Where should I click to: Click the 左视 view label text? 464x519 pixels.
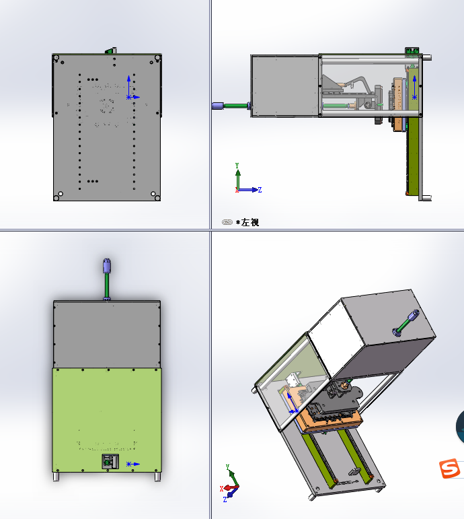[x=250, y=222]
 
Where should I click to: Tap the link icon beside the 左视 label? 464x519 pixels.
[x=227, y=222]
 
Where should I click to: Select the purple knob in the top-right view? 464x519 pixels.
[x=217, y=106]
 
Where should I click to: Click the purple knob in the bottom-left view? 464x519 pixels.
[x=107, y=266]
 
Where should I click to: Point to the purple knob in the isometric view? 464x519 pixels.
[x=414, y=316]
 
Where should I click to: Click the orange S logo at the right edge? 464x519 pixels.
[x=450, y=468]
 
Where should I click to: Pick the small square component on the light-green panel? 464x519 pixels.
[x=110, y=461]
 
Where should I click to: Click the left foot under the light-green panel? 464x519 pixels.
[x=56, y=477]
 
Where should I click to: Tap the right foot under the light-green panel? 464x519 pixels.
[x=158, y=477]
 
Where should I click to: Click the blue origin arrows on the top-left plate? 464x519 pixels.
[x=131, y=88]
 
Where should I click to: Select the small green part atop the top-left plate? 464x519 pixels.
[x=111, y=50]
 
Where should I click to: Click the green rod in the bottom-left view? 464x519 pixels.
[x=107, y=285]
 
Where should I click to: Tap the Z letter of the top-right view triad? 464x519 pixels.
[x=260, y=190]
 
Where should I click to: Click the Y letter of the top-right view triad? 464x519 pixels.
[x=237, y=165]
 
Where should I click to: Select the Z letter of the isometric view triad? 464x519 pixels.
[x=225, y=499]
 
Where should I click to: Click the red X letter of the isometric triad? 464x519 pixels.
[x=222, y=489]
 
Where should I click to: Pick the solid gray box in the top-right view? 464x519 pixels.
[x=285, y=85]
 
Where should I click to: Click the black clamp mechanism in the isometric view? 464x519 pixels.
[x=338, y=401]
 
